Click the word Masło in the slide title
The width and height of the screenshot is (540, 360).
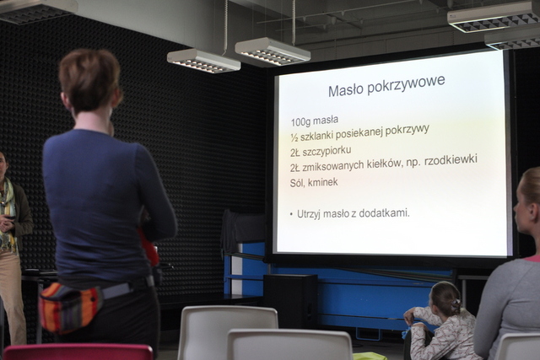coord(347,90)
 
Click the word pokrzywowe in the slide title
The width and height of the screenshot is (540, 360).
coord(407,84)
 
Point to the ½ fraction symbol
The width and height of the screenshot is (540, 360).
coord(294,137)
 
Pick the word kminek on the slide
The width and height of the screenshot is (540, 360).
coord(322,182)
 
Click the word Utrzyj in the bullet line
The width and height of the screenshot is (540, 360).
coord(309,214)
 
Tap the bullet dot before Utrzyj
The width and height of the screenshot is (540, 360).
coord(291,215)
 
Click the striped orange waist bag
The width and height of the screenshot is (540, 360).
coord(70,306)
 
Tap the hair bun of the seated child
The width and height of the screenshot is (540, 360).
coord(456,304)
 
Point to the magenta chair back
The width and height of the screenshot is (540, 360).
coord(78,352)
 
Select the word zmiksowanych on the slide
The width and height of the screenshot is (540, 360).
coord(332,166)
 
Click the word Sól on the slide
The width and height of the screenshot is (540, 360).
coord(297,183)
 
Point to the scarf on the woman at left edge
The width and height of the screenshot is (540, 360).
coord(7,213)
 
